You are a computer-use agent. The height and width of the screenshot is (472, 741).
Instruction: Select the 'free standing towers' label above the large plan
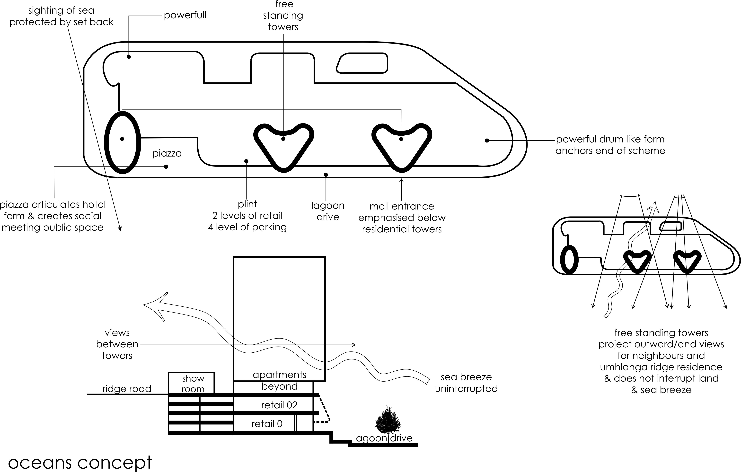click(283, 15)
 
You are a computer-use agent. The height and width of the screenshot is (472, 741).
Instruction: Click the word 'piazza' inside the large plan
click(167, 153)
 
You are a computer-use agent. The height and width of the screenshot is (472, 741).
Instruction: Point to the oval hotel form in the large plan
click(123, 142)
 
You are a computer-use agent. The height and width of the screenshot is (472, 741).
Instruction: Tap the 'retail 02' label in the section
click(279, 405)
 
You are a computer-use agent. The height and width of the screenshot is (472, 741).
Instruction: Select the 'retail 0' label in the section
click(267, 424)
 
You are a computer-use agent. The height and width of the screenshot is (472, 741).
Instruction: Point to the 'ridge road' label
click(127, 389)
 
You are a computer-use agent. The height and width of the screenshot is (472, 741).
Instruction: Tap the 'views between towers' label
click(117, 344)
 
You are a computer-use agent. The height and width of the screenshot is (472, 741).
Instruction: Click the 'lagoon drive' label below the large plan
click(328, 211)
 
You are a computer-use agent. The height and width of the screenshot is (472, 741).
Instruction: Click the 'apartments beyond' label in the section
click(279, 380)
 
